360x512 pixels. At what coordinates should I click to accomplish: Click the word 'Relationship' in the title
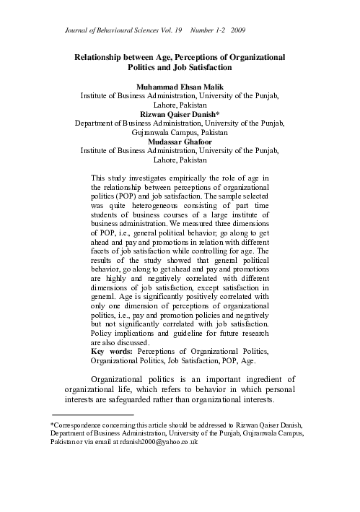point(107,56)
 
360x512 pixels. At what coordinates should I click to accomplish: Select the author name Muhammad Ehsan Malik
point(180,86)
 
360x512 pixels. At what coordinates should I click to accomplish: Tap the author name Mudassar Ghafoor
point(180,142)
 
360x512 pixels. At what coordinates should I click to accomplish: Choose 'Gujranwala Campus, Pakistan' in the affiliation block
point(180,133)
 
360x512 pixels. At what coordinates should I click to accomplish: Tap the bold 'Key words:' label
point(113,352)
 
